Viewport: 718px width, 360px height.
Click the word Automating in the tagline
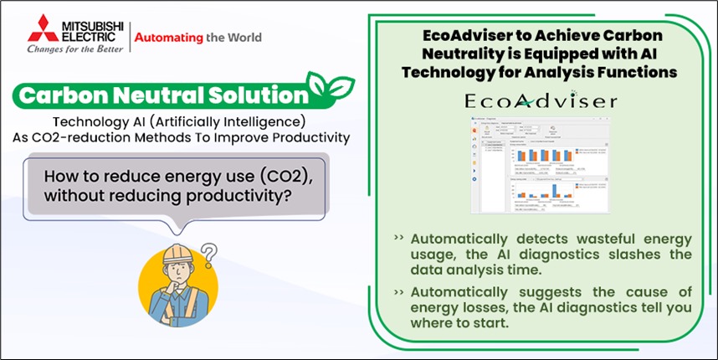[169, 37]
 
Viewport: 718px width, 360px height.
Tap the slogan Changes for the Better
[74, 48]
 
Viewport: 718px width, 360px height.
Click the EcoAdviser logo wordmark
[541, 101]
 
